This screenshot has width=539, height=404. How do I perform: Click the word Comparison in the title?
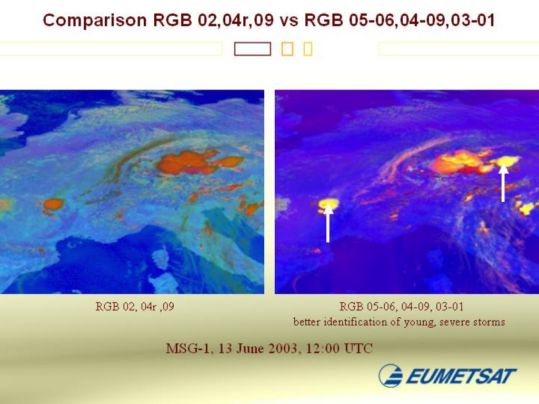(x=95, y=20)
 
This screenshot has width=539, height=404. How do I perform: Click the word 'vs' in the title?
(x=289, y=21)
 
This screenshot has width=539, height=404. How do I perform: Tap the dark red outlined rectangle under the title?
(x=253, y=49)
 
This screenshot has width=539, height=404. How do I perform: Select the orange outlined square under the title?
(x=287, y=49)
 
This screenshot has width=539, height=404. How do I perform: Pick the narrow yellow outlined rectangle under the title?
(x=308, y=49)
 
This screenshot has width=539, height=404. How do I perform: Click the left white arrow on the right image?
(x=328, y=223)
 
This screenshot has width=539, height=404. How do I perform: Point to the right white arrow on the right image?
(x=503, y=183)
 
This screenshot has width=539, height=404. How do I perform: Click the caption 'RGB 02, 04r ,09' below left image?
(x=135, y=306)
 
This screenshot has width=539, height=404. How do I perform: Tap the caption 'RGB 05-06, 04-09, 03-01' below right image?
(x=402, y=306)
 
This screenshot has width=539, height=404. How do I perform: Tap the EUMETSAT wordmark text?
(x=461, y=376)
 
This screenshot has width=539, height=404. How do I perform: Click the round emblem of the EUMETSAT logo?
(x=391, y=375)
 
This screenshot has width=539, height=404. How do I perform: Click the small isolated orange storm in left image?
(x=53, y=204)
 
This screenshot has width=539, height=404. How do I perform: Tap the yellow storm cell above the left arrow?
(x=328, y=204)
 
